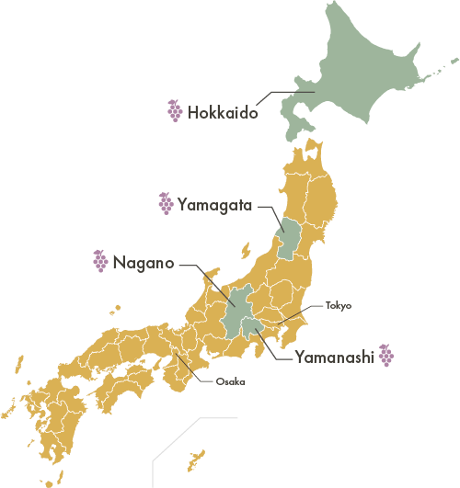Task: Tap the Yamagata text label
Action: click(215, 204)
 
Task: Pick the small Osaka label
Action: click(230, 381)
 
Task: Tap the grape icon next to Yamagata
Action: click(166, 203)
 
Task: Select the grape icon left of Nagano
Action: click(99, 262)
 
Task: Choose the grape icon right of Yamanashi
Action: click(387, 356)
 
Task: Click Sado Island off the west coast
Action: click(245, 251)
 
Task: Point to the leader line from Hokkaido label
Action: click(276, 94)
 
